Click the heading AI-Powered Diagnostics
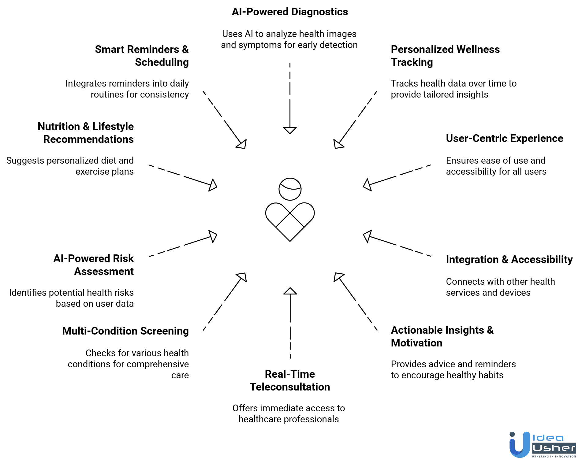[x=290, y=12]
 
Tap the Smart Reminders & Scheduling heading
[x=142, y=56]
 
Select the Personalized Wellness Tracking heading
[x=445, y=56]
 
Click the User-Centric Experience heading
[x=504, y=139]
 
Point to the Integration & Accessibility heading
[x=509, y=260]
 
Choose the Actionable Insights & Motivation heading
[x=442, y=336]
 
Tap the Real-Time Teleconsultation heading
[x=290, y=380]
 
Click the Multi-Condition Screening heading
[x=125, y=331]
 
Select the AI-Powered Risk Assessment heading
[x=94, y=265]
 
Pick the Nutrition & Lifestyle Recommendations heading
[x=86, y=133]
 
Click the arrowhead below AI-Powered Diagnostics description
[x=290, y=130]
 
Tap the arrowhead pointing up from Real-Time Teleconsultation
[x=290, y=291]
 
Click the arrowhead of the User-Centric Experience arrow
[x=367, y=185]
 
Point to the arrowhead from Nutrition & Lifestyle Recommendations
[x=213, y=185]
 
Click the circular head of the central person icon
[x=290, y=189]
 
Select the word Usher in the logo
[x=554, y=448]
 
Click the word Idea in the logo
[x=548, y=438]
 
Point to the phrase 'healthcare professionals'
[x=289, y=419]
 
